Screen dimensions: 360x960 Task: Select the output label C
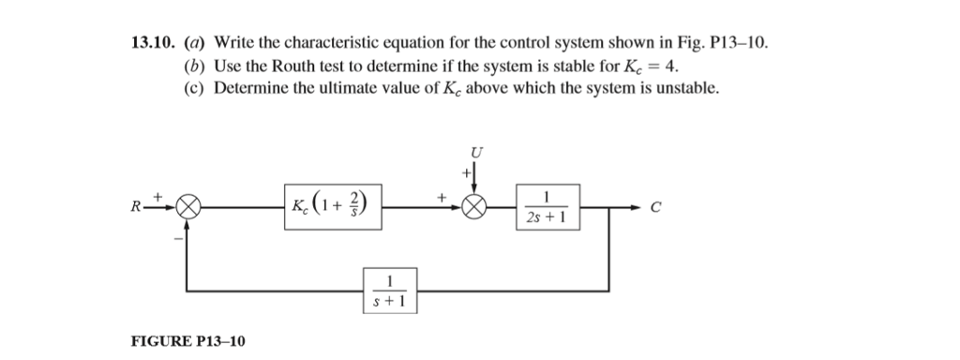[x=656, y=209]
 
